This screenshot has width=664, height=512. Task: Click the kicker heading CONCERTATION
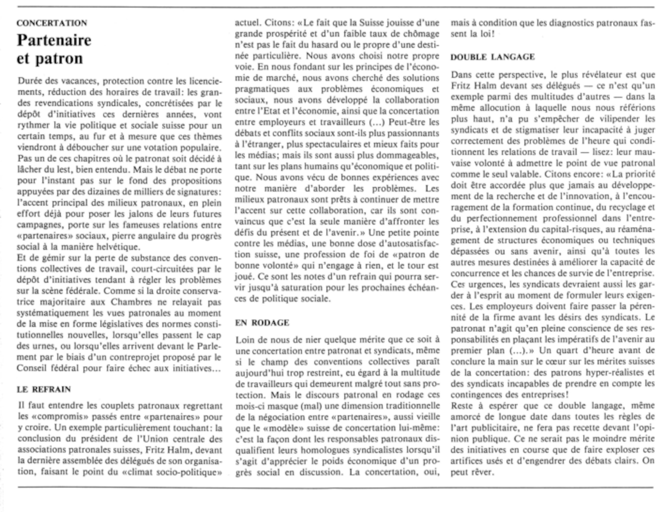point(52,23)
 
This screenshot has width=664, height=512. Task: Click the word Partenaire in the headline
point(54,40)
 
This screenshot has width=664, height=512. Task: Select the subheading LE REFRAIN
point(44,389)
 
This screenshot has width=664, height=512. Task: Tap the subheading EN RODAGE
point(262,323)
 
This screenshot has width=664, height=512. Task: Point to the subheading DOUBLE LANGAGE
point(492,57)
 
